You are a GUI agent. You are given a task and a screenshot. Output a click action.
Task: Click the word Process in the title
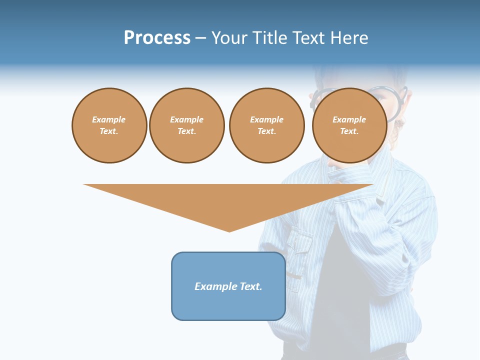(x=157, y=38)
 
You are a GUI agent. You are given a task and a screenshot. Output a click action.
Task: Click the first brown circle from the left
(x=109, y=125)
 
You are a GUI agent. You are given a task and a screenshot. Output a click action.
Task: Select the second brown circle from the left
(x=186, y=125)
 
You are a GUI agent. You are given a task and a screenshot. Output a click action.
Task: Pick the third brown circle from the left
(x=266, y=125)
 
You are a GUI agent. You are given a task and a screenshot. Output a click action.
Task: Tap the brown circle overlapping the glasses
(x=349, y=125)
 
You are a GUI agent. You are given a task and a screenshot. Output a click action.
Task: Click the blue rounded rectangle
(x=228, y=286)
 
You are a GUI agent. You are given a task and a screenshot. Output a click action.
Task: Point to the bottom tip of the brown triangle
(x=229, y=231)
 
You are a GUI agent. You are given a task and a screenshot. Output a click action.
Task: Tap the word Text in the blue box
(x=251, y=286)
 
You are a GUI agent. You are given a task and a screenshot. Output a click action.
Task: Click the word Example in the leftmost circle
(x=109, y=119)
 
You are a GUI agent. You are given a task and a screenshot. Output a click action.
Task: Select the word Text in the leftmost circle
(x=108, y=131)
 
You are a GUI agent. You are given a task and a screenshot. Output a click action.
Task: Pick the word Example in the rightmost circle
(x=349, y=119)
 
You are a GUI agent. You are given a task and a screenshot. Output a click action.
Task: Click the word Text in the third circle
(x=266, y=131)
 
